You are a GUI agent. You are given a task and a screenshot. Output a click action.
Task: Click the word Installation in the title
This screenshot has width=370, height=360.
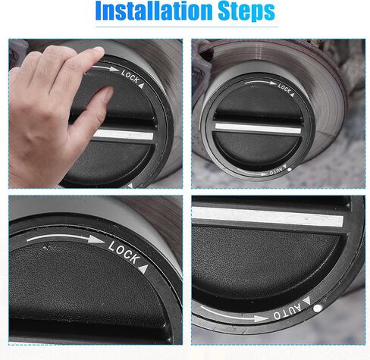tap(154, 11)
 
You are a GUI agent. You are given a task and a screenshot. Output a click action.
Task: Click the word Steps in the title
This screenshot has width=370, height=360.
tap(246, 11)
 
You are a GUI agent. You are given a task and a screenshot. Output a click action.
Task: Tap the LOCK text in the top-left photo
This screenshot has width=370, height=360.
tap(130, 77)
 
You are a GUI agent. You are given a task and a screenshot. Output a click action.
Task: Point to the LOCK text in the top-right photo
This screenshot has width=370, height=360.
tap(284, 88)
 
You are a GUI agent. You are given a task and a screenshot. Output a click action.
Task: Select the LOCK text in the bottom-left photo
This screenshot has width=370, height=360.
tap(124, 252)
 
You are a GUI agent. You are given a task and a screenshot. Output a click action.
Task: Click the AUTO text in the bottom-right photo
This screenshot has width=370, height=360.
tap(287, 311)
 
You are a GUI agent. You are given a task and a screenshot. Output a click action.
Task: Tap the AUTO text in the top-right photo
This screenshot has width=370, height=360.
tap(276, 171)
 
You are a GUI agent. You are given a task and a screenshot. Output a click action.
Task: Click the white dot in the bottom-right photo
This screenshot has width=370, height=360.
tap(318, 308)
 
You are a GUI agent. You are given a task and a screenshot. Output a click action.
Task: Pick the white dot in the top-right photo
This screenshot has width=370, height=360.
tap(290, 170)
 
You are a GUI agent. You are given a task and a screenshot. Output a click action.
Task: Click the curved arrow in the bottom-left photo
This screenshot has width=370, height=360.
tap(65, 236)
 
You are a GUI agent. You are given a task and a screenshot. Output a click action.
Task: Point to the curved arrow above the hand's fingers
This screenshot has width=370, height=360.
tap(105, 67)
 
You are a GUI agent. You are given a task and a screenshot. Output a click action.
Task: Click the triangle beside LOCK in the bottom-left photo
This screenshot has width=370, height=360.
tap(143, 268)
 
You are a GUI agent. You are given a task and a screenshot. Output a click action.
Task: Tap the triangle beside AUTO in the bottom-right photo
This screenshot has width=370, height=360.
tap(306, 301)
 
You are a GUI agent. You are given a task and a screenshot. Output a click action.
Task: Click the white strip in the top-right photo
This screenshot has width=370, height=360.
tap(258, 128)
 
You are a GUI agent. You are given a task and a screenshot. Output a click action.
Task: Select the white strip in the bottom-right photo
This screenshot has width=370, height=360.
tap(268, 216)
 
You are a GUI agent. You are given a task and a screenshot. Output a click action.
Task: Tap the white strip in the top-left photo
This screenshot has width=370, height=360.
tap(124, 135)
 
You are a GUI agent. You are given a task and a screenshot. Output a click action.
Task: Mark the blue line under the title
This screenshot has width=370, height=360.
tap(187, 27)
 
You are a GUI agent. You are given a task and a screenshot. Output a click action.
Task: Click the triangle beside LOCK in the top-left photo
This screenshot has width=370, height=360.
tap(142, 86)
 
